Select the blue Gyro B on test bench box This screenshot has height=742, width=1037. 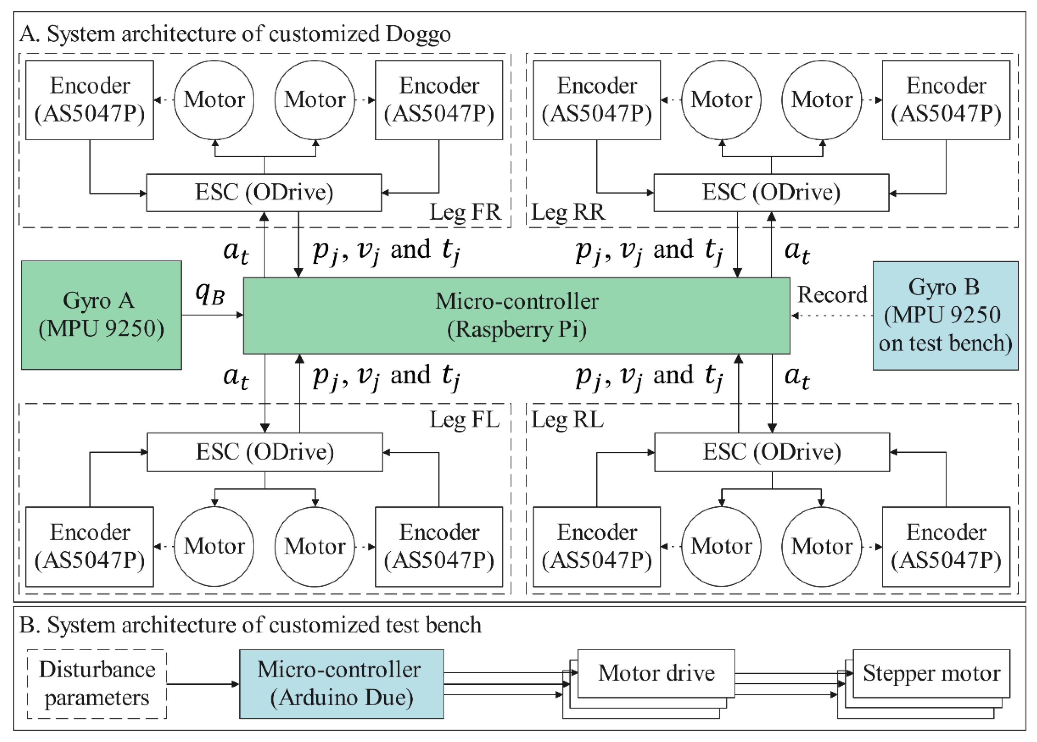coord(945,315)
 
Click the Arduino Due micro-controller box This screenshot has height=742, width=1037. coord(341,684)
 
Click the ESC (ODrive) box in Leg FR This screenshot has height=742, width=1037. coord(264,192)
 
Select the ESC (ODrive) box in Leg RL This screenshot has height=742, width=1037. coord(772,452)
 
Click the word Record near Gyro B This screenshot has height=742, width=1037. coord(832,295)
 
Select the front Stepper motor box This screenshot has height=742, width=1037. coord(931,673)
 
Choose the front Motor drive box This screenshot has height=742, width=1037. coord(656,673)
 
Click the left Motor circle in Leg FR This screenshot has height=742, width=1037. coord(214,100)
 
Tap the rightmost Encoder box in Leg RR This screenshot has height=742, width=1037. coord(946,100)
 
